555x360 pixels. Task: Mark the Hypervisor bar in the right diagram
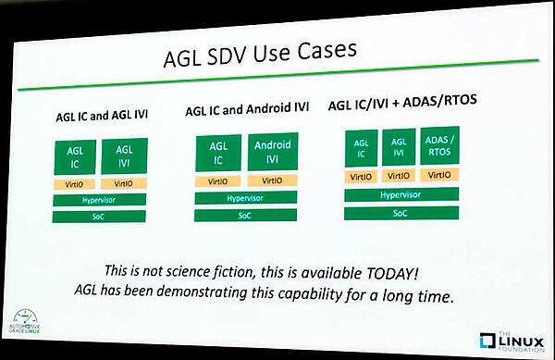tap(401, 195)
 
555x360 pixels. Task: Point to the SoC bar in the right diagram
tap(401, 213)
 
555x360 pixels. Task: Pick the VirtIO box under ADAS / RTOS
tap(438, 176)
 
